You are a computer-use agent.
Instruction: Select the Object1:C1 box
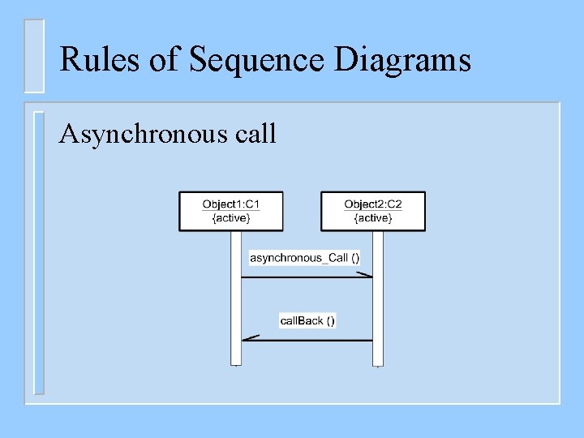pyautogui.click(x=230, y=211)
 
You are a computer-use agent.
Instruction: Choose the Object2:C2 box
pyautogui.click(x=373, y=211)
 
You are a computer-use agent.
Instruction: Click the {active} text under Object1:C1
pyautogui.click(x=231, y=218)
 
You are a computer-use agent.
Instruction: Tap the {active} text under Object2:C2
pyautogui.click(x=373, y=218)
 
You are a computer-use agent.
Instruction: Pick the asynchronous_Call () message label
pyautogui.click(x=304, y=258)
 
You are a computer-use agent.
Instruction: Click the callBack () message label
pyautogui.click(x=307, y=320)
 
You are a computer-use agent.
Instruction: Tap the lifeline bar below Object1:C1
pyautogui.click(x=236, y=308)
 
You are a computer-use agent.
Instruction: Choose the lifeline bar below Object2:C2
pyautogui.click(x=377, y=308)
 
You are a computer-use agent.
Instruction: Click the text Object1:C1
pyautogui.click(x=231, y=204)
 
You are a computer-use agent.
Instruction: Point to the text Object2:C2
pyautogui.click(x=373, y=204)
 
